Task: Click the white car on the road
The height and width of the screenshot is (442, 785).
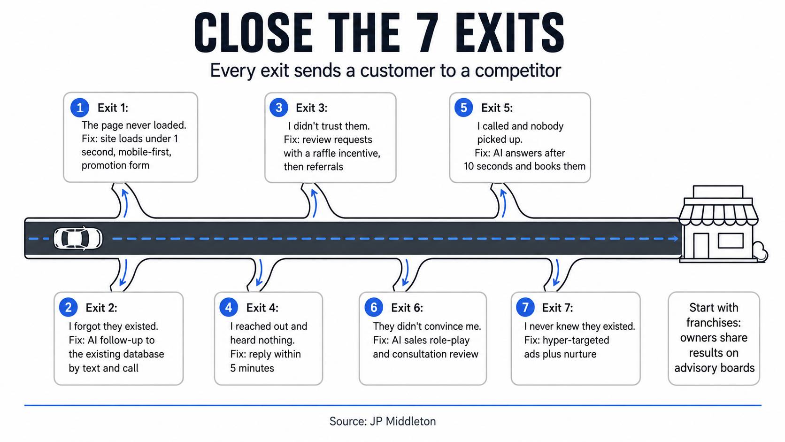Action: point(78,239)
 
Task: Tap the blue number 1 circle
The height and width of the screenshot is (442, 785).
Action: point(79,108)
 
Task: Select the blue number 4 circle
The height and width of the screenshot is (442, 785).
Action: point(229,307)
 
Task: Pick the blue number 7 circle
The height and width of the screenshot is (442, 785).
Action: point(525,307)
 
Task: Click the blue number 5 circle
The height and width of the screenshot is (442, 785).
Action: point(464,108)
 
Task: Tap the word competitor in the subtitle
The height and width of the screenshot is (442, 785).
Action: point(518,71)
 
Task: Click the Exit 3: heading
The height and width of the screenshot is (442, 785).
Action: point(312,108)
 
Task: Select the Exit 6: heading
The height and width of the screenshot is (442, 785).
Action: point(407,308)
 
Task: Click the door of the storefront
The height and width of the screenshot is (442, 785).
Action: point(700,246)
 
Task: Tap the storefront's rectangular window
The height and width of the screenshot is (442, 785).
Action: point(731,241)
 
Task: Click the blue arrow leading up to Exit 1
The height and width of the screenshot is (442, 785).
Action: point(125,203)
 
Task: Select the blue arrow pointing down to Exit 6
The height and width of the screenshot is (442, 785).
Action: point(406,272)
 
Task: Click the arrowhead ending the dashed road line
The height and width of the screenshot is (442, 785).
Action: point(674,239)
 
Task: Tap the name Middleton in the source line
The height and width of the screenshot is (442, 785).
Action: point(411,421)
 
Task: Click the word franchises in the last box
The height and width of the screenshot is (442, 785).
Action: point(713,323)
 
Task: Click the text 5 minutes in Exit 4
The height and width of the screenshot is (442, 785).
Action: point(252,368)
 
